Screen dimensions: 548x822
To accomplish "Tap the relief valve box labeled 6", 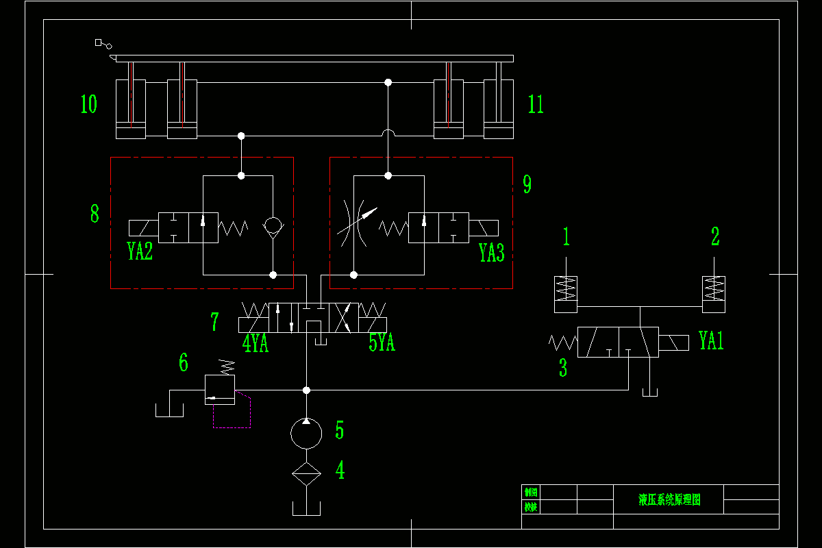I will (x=220, y=389).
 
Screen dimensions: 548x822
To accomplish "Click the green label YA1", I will (x=711, y=340).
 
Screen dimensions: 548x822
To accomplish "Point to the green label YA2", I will (x=140, y=251).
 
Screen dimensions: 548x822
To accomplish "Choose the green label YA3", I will (x=492, y=253).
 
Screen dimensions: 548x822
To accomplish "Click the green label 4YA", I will (x=256, y=342).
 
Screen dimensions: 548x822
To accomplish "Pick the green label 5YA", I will (x=382, y=342).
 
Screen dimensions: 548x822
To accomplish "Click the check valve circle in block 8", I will (x=273, y=225).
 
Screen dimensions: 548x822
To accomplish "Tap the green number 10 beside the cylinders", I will (x=89, y=104).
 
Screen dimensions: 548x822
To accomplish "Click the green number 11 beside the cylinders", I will (x=536, y=104).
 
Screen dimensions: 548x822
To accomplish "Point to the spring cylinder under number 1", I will (x=566, y=294).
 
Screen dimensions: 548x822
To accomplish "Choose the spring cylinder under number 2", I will (x=714, y=294).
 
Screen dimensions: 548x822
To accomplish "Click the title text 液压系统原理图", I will (x=669, y=499).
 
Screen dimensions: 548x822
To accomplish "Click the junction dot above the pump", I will (x=306, y=390).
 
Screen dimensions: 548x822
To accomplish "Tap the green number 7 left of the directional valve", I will (x=215, y=321).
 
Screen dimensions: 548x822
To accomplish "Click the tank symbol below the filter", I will (x=306, y=508).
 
